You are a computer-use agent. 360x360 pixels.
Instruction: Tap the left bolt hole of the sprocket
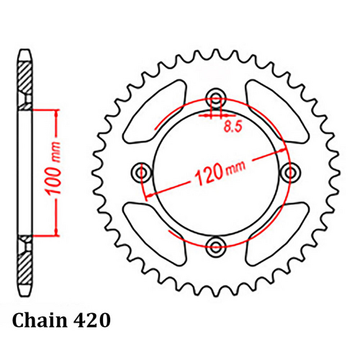[142, 172]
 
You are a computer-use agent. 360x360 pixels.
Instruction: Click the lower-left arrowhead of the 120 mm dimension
[148, 197]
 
